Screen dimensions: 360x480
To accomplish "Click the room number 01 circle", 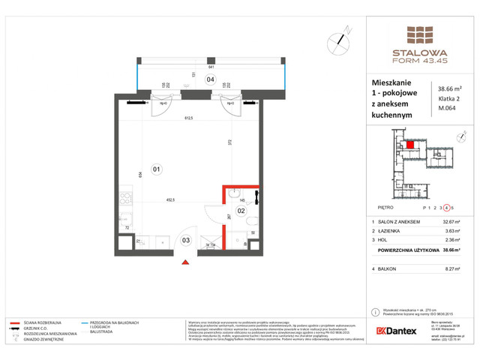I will click(157, 168).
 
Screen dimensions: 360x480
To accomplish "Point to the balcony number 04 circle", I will click(211, 79).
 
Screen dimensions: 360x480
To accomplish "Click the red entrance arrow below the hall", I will click(185, 262).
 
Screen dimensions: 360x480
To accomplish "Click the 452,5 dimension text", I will click(171, 200).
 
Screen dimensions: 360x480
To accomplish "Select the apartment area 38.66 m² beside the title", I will click(450, 88).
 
